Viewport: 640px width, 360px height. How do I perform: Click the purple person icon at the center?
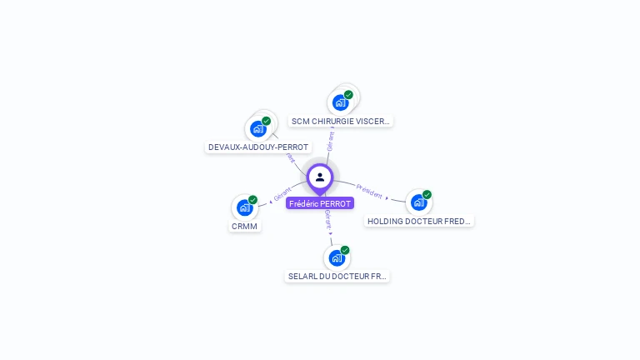click(320, 177)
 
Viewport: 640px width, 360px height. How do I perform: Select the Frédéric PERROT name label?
click(320, 203)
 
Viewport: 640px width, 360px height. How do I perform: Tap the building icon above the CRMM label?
click(245, 207)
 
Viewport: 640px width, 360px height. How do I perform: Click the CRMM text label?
click(245, 226)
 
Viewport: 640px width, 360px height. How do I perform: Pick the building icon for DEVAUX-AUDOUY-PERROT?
click(258, 128)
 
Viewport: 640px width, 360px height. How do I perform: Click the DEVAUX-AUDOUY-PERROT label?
click(258, 147)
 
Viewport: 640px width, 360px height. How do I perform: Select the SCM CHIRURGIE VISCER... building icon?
click(340, 102)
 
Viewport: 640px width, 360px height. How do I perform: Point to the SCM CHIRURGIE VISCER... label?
click(340, 121)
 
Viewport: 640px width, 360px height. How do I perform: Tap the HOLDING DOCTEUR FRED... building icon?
click(418, 202)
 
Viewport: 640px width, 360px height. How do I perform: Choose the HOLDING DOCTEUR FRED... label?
click(419, 222)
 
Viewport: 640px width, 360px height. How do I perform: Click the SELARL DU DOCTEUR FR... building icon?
click(337, 257)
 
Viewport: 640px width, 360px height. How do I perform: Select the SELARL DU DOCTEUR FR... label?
click(337, 276)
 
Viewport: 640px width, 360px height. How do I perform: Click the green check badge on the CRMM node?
click(253, 200)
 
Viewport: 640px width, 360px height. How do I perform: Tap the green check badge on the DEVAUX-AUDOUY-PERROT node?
click(267, 121)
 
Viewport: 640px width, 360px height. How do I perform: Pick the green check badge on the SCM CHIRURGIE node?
click(348, 95)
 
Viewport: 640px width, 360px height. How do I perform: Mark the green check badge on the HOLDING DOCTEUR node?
click(427, 195)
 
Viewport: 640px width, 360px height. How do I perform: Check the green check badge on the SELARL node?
click(345, 250)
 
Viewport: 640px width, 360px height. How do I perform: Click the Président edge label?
click(369, 191)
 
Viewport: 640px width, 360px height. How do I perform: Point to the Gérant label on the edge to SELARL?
click(327, 220)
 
